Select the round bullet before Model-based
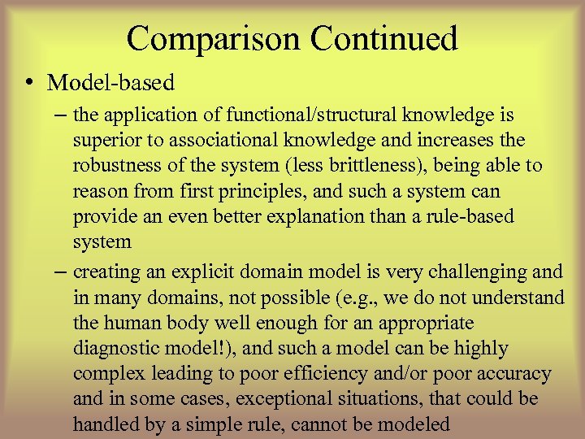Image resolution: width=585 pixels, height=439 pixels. pyautogui.click(x=28, y=82)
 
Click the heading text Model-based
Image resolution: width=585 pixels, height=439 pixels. pyautogui.click(x=111, y=82)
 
